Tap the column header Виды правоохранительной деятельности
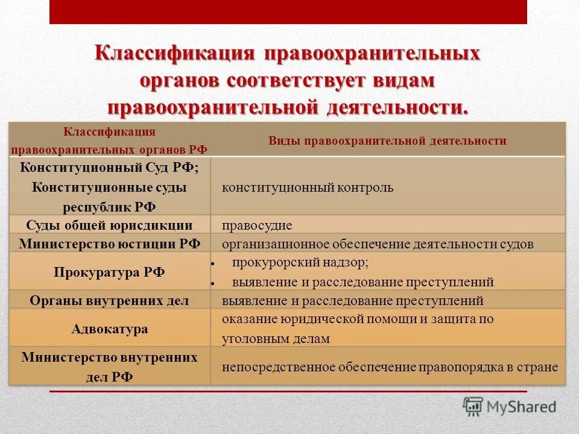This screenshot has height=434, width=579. (x=387, y=141)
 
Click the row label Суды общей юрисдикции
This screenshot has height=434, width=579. (x=109, y=225)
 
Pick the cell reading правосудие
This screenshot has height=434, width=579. (x=257, y=225)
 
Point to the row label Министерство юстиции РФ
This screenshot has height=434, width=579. (x=109, y=244)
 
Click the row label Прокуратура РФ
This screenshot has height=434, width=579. (x=109, y=272)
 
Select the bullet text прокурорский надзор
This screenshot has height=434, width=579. (x=300, y=263)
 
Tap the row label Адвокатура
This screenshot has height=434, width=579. (x=109, y=329)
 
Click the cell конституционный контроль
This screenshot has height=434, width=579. (x=308, y=187)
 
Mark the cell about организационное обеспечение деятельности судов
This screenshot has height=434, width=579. (x=378, y=244)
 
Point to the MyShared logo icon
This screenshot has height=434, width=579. (x=473, y=407)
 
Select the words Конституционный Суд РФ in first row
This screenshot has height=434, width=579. (x=109, y=168)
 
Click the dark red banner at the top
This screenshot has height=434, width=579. (x=288, y=11)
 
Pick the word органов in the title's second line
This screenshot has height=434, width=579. (x=183, y=80)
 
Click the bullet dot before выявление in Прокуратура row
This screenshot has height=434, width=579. (x=214, y=282)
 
